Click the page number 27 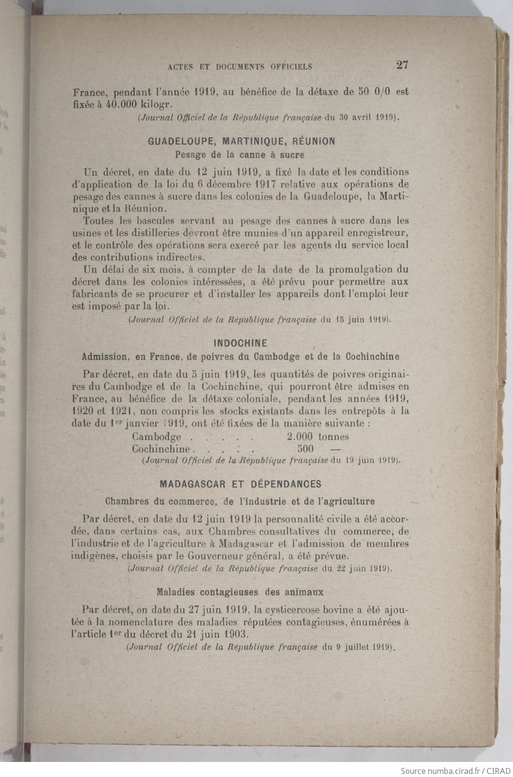[x=402, y=65]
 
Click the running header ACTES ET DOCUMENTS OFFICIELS [x=240, y=67]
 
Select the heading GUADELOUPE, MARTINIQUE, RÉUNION [x=241, y=141]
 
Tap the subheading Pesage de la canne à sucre [x=239, y=155]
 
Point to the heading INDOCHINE [x=240, y=343]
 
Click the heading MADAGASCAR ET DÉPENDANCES [x=240, y=484]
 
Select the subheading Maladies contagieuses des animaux [x=240, y=592]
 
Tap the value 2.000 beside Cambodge [x=300, y=437]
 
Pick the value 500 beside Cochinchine [x=305, y=449]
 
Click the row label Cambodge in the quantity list [x=156, y=437]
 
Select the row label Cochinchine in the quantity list [x=161, y=449]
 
